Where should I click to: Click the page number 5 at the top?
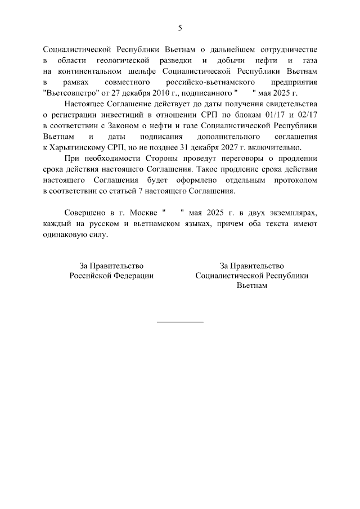coord(180,28)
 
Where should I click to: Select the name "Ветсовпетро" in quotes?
coord(69,93)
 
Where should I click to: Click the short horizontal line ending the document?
coord(180,322)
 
